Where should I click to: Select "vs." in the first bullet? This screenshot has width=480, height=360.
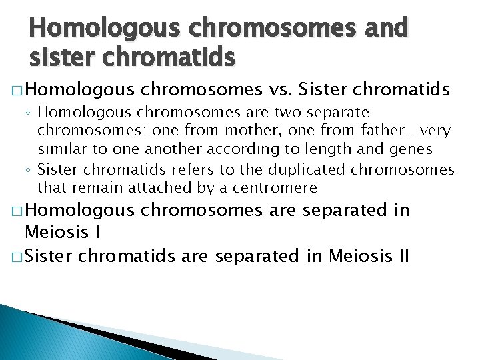tap(283, 90)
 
